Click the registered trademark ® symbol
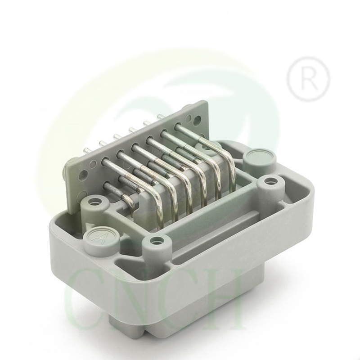click(308, 79)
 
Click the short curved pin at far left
click(127, 200)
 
